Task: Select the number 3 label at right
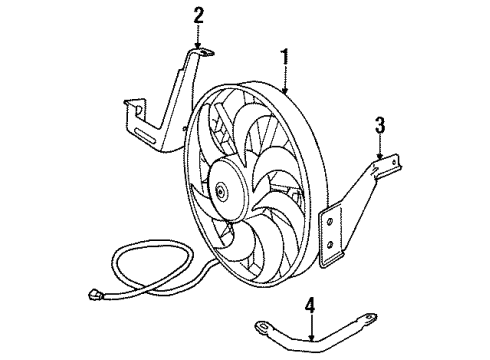pyautogui.click(x=381, y=125)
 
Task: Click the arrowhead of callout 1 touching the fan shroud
pyautogui.click(x=285, y=93)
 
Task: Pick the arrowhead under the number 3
pyautogui.click(x=381, y=158)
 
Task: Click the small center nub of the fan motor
pyautogui.click(x=218, y=192)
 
